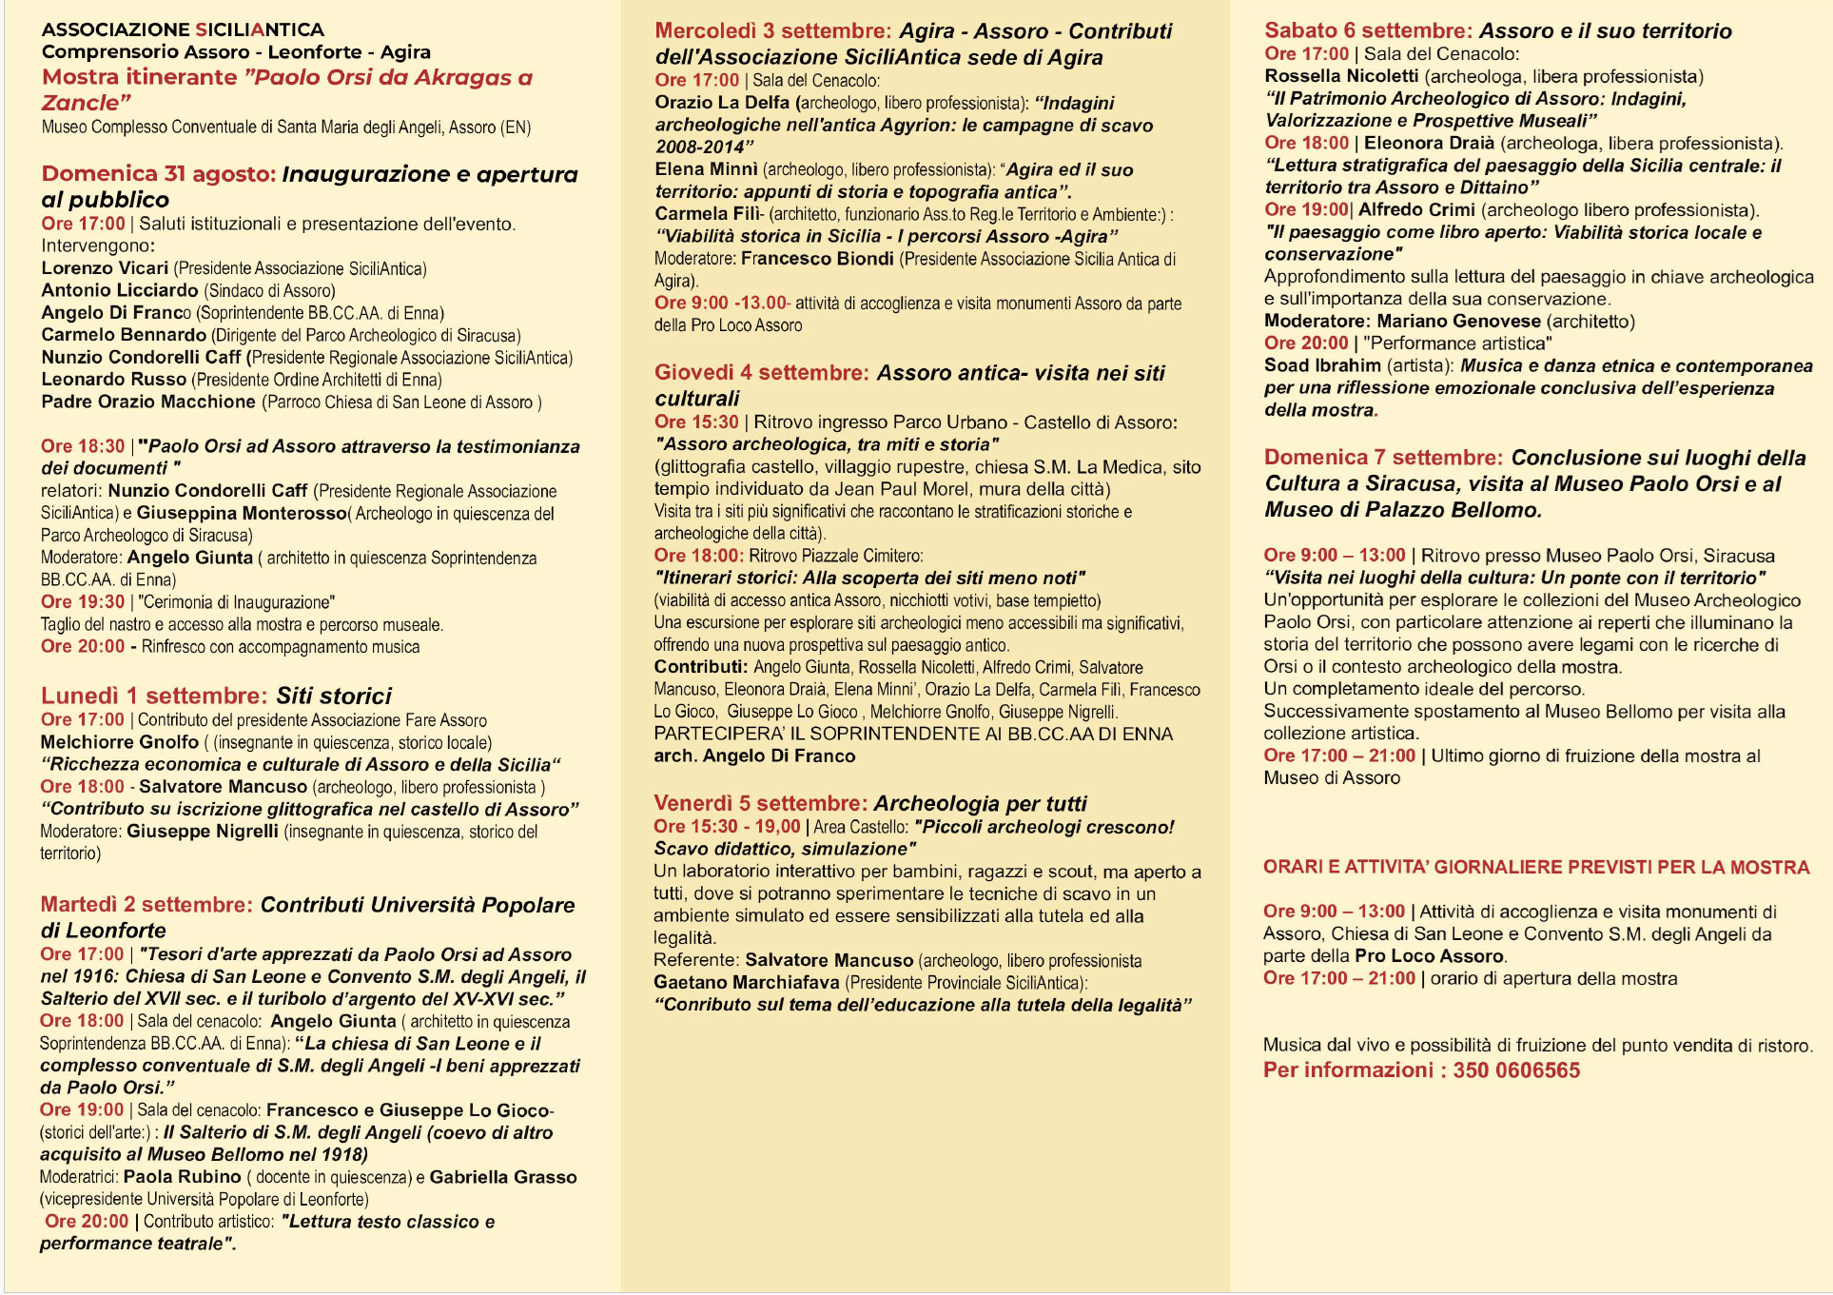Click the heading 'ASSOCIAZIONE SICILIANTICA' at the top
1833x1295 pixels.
[183, 29]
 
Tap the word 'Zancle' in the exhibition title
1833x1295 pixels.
[84, 103]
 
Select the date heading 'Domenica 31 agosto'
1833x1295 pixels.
[158, 174]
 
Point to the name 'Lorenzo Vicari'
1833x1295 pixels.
[105, 268]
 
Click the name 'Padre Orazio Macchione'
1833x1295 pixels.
[148, 402]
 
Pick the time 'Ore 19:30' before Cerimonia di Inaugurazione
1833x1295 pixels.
[83, 601]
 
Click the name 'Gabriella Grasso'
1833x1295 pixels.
[503, 1177]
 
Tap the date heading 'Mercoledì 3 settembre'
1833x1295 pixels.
[772, 31]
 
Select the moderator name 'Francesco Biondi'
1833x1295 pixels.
[817, 259]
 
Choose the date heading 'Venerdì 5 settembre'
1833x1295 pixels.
[760, 804]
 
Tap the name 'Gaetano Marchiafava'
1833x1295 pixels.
[747, 983]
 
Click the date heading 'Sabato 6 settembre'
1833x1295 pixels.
[1368, 31]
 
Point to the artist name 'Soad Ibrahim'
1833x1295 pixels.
[1322, 365]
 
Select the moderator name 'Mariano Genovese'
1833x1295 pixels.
[1458, 322]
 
